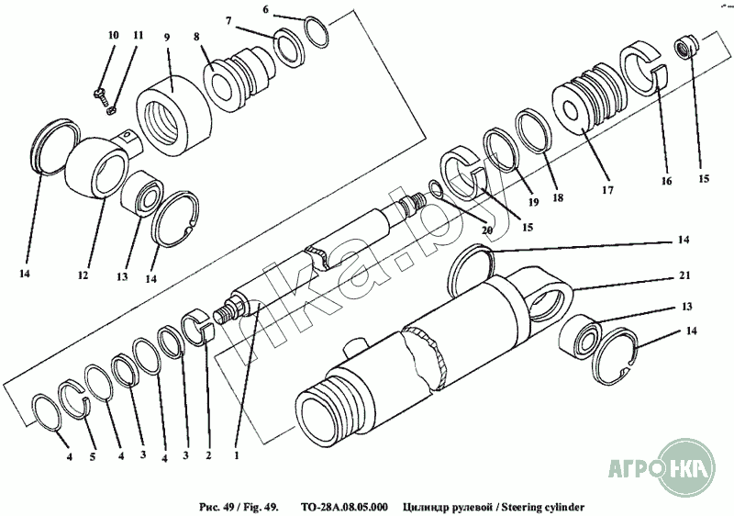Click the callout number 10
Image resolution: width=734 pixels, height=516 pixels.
tap(113, 35)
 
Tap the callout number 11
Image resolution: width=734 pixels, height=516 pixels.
tap(138, 35)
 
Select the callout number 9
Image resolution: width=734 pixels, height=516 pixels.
tap(167, 38)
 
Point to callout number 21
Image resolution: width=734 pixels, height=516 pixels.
tap(684, 275)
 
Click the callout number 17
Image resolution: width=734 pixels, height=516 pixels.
tap(607, 190)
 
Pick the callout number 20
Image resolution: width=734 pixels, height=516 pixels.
tap(487, 230)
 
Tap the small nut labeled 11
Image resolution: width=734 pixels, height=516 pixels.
tap(112, 110)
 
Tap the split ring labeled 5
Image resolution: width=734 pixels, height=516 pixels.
tap(75, 398)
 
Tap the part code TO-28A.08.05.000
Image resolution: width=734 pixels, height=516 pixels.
tap(344, 507)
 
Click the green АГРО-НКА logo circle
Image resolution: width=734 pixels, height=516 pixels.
tap(684, 467)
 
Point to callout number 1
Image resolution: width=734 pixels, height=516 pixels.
tap(237, 454)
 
